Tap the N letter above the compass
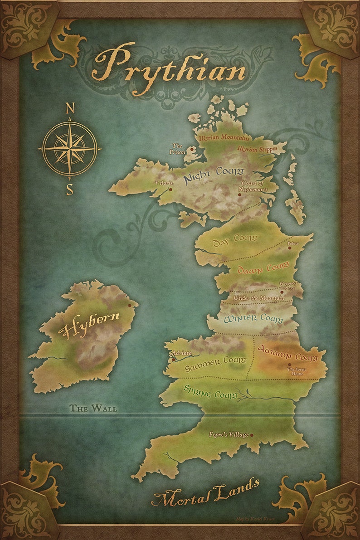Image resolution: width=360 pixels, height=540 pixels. coord(70,108)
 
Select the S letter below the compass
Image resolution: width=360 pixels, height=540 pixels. coord(69,189)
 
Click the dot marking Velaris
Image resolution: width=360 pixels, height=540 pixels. coord(170,190)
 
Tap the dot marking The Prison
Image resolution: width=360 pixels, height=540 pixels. coord(192,148)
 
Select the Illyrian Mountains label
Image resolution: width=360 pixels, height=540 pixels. coord(224,137)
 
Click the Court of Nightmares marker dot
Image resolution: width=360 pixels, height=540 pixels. coord(240,195)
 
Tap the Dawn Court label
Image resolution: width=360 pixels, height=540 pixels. coord(257,268)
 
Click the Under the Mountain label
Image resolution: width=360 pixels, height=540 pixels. coord(258,298)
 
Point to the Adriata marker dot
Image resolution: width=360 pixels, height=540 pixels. coord(173,360)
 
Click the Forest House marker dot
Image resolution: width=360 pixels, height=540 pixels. coord(289,364)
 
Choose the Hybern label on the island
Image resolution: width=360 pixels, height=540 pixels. coord(91,325)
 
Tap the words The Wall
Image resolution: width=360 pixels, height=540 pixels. coord(93,408)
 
